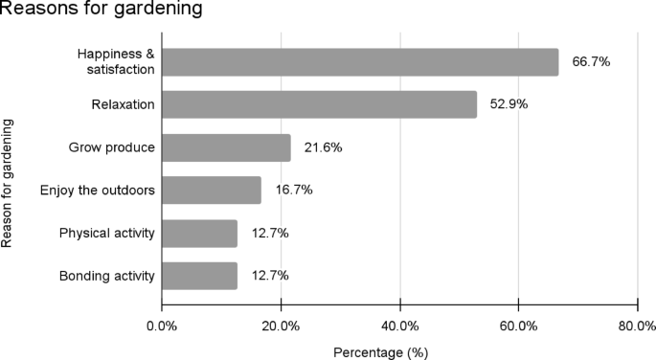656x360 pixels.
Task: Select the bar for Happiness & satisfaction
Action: pyautogui.click(x=360, y=62)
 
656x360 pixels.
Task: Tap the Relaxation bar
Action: pyautogui.click(x=319, y=104)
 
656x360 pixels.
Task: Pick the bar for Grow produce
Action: pyautogui.click(x=226, y=147)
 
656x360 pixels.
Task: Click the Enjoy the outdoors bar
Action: pyautogui.click(x=212, y=191)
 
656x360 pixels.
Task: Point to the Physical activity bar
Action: pyautogui.click(x=199, y=233)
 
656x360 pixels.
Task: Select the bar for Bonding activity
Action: pyautogui.click(x=199, y=276)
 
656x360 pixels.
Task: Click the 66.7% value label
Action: pyautogui.click(x=591, y=62)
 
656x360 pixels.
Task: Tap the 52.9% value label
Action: pyautogui.click(x=509, y=104)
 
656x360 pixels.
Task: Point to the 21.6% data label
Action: pyautogui.click(x=323, y=147)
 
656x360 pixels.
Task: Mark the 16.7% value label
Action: pyautogui.click(x=293, y=191)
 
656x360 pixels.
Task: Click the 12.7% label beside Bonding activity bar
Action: pyautogui.click(x=269, y=276)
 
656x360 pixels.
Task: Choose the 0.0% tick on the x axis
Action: pyautogui.click(x=162, y=325)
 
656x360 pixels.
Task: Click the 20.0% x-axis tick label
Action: pyautogui.click(x=280, y=325)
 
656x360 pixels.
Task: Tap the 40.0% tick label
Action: pyautogui.click(x=399, y=325)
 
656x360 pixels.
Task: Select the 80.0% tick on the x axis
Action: pyautogui.click(x=637, y=325)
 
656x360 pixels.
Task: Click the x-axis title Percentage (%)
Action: pyautogui.click(x=380, y=351)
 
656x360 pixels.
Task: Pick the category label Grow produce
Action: pyautogui.click(x=111, y=147)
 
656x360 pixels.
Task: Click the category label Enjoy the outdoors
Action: pyautogui.click(x=97, y=191)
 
